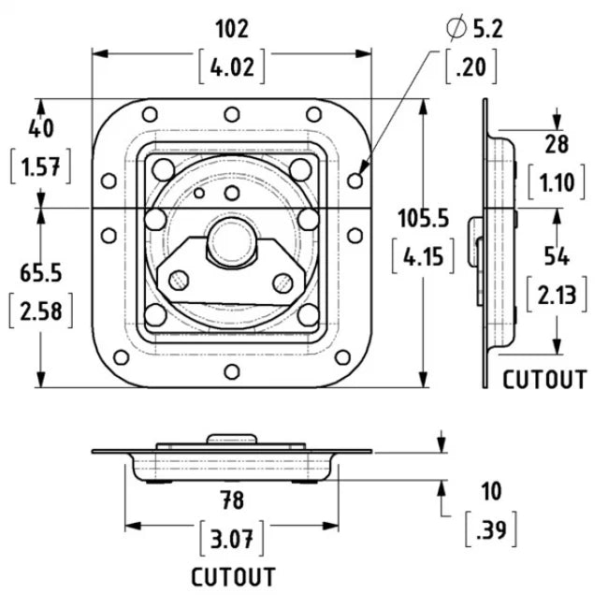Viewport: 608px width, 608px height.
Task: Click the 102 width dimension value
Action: point(231,29)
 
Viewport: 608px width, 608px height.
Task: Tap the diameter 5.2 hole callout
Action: point(474,30)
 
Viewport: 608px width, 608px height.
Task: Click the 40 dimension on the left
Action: point(41,127)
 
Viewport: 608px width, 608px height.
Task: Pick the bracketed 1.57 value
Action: point(41,167)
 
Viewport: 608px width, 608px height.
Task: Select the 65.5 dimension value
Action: point(41,272)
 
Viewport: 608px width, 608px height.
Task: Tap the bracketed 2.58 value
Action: point(41,311)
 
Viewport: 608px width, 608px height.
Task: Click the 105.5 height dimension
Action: point(422,218)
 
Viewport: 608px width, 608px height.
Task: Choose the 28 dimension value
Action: point(557,142)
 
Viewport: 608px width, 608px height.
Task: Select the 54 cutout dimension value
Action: point(557,255)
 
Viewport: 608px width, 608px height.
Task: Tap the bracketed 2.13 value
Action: point(557,296)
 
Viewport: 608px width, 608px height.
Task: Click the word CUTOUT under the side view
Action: point(545,380)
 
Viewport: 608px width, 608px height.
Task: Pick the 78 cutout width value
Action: point(232,500)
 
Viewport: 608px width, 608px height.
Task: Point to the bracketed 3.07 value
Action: point(232,539)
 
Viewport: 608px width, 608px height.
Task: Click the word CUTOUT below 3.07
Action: point(234,577)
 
